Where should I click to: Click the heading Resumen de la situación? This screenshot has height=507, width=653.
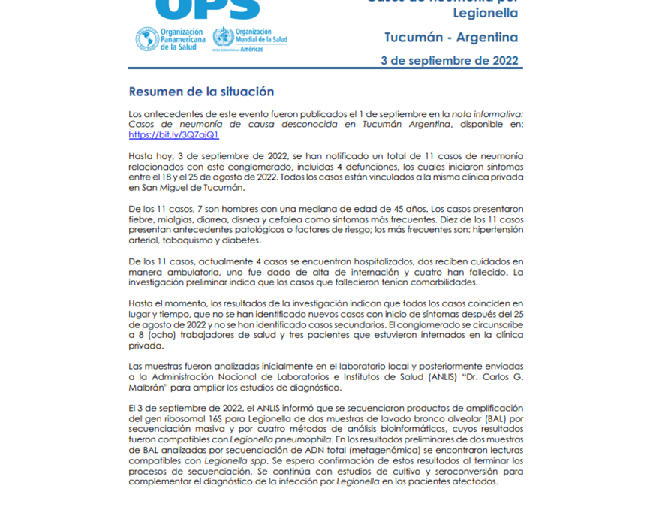click(201, 92)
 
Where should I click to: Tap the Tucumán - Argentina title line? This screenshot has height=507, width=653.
click(450, 37)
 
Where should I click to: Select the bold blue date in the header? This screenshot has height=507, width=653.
click(450, 61)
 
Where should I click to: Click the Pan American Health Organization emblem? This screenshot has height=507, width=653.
click(147, 38)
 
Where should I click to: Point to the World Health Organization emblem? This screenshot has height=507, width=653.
click(223, 38)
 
